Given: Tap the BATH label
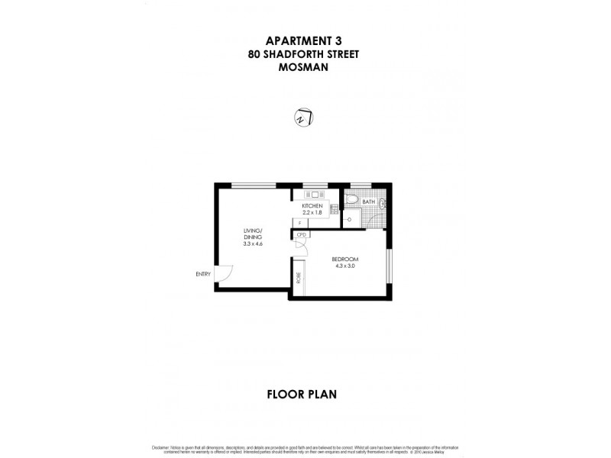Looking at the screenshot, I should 369,202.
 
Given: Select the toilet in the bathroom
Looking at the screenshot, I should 351,200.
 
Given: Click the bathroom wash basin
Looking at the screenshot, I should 383,205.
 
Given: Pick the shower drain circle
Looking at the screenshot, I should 349,219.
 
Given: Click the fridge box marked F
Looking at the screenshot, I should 300,222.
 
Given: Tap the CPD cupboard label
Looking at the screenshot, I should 302,234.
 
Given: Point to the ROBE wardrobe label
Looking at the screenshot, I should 299,277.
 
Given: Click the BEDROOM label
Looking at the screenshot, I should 346,260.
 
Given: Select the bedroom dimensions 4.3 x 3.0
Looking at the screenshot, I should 346,266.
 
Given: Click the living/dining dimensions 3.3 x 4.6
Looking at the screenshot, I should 253,244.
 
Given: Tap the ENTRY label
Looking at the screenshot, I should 203,274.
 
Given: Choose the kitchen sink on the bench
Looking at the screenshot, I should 315,195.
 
